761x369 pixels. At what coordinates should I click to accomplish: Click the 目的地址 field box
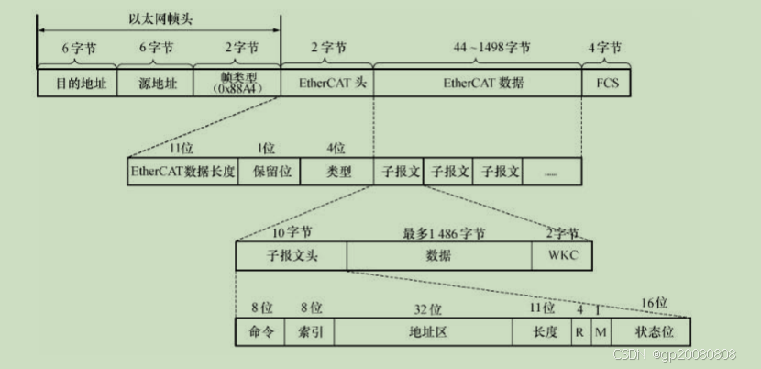(76, 84)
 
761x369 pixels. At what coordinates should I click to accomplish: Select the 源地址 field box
(156, 84)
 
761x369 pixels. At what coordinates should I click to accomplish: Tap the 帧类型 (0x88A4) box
(236, 84)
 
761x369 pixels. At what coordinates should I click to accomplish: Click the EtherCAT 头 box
(327, 84)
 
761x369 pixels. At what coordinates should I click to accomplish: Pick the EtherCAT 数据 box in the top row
(477, 84)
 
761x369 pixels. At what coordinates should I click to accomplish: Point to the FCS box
(606, 84)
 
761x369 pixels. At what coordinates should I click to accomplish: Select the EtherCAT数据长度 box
(183, 172)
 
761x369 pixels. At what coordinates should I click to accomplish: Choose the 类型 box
(338, 172)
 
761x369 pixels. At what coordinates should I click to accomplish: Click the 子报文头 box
(291, 256)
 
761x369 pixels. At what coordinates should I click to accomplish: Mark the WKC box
(561, 256)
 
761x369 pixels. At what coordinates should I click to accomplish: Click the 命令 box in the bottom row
(261, 331)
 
